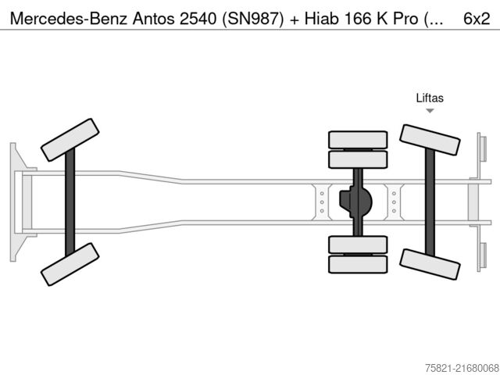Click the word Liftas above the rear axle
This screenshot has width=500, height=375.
pos(429,98)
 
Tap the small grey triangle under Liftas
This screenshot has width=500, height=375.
pos(430,111)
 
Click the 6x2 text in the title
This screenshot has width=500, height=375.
pos(477,16)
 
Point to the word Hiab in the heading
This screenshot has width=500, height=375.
pos(317,16)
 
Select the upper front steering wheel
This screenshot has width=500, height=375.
pos(70,139)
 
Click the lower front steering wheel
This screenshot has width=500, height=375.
pos(70,264)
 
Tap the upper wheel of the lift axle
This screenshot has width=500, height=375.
pos(429,140)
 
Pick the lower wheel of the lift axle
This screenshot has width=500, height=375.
pos(429,264)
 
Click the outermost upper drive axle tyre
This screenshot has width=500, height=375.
pos(358,140)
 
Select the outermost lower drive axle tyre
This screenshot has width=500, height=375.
pos(358,264)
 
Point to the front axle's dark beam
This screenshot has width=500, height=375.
pos(70,202)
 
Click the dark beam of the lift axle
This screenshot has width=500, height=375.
pos(429,202)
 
